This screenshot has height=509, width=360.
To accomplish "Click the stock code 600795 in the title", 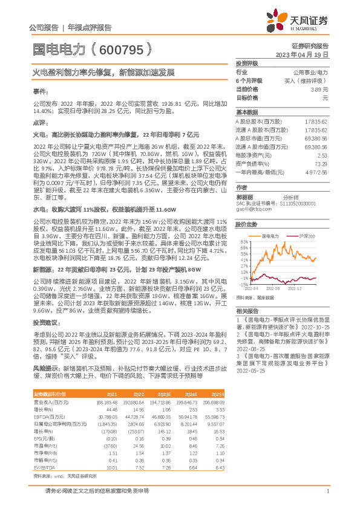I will coord(120,48).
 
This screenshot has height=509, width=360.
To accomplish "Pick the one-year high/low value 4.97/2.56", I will coord(317,172).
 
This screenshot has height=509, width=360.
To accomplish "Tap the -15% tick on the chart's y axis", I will coord(243,284).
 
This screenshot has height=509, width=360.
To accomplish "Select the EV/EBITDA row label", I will coord(44,450).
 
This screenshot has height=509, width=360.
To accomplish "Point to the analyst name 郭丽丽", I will coord(245,196).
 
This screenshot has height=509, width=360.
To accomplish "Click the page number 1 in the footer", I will coord(327,491).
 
